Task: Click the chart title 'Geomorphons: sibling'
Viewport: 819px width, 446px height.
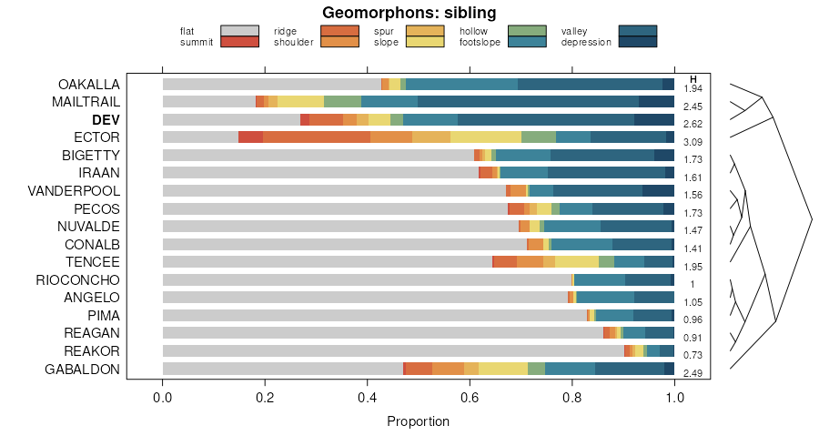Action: tap(409, 13)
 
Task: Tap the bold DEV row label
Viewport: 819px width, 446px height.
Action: tap(106, 119)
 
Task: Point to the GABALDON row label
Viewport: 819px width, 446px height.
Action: tap(82, 369)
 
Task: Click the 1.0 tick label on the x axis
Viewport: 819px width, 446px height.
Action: tap(674, 398)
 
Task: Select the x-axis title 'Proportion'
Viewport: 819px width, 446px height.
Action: tap(418, 421)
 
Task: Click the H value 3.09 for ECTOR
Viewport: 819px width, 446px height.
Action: tap(693, 142)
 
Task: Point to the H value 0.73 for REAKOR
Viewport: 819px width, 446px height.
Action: tap(693, 355)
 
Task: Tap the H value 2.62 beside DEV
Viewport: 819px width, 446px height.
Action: tap(693, 125)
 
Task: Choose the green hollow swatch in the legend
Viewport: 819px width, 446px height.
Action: tap(526, 31)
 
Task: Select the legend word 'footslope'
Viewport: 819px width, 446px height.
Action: tap(480, 42)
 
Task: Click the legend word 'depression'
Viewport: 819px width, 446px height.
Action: tap(586, 42)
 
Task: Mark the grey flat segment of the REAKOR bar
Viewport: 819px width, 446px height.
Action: tap(391, 350)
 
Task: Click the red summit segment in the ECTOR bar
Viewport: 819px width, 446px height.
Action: tap(250, 137)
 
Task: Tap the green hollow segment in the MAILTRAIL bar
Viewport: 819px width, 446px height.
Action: tap(342, 102)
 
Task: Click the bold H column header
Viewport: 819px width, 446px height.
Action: tap(693, 78)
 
